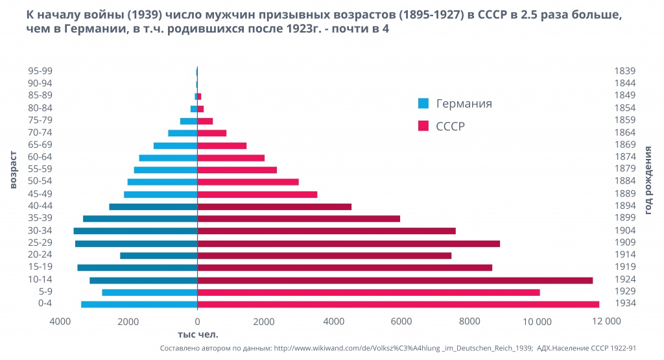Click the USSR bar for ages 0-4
[398, 304]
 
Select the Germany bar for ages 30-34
[135, 231]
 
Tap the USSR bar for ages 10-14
[395, 280]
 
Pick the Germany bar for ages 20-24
[158, 256]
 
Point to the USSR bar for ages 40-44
[274, 207]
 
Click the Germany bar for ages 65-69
[175, 145]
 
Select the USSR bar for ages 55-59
[237, 170]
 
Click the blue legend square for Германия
[423, 103]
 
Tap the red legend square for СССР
[423, 125]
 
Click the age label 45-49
[40, 194]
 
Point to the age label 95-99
[40, 71]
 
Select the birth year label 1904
[625, 230]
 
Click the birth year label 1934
[625, 304]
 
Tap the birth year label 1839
[625, 71]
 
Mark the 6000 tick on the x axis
[401, 321]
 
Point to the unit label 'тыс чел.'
[198, 335]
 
